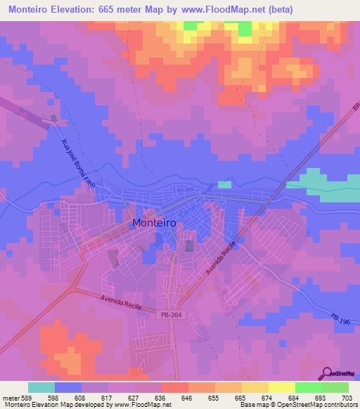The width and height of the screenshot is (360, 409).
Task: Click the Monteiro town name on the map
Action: (153, 223)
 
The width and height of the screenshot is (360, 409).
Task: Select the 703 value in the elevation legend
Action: (348, 398)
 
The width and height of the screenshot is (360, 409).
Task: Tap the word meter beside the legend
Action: (12, 398)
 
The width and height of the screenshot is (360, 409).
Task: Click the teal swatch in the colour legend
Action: (41, 387)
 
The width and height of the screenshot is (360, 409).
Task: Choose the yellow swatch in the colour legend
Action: (281, 387)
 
